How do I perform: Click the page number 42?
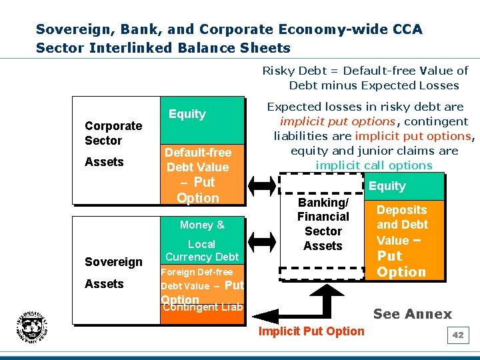pyautogui.click(x=457, y=335)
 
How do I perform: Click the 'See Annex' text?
pyautogui.click(x=412, y=314)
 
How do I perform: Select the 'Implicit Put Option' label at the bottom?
pyautogui.click(x=311, y=331)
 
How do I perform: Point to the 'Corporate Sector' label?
pyautogui.click(x=113, y=133)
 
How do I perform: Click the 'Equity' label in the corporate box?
pyautogui.click(x=187, y=114)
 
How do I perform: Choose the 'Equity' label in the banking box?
pyautogui.click(x=387, y=186)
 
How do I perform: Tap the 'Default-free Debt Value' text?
pyautogui.click(x=198, y=160)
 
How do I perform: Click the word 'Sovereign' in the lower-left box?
pyautogui.click(x=113, y=262)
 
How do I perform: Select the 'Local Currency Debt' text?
pyautogui.click(x=201, y=251)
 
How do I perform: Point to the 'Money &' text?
pyautogui.click(x=201, y=225)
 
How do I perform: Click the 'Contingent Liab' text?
pyautogui.click(x=203, y=307)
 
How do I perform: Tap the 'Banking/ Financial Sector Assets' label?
pyautogui.click(x=323, y=224)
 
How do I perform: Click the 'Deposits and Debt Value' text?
pyautogui.click(x=402, y=225)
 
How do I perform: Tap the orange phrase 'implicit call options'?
pyautogui.click(x=374, y=165)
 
